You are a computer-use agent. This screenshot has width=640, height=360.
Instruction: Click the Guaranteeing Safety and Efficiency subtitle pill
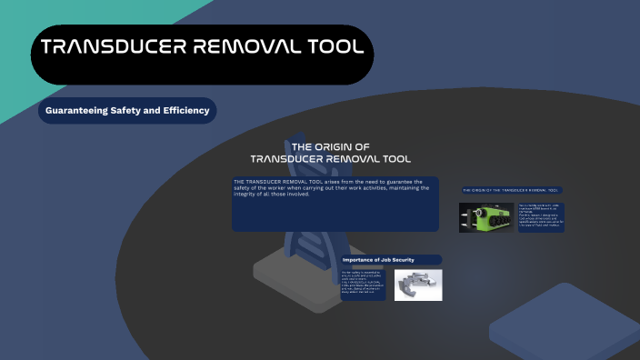[127, 111]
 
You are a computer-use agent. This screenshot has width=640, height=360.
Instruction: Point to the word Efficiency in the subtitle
[182, 111]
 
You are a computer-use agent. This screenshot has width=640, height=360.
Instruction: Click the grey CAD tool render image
[418, 285]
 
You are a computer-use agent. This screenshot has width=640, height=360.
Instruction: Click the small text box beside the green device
[541, 217]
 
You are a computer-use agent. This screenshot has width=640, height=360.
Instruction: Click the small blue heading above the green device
[511, 190]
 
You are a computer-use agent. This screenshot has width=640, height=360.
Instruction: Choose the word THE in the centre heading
[303, 146]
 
